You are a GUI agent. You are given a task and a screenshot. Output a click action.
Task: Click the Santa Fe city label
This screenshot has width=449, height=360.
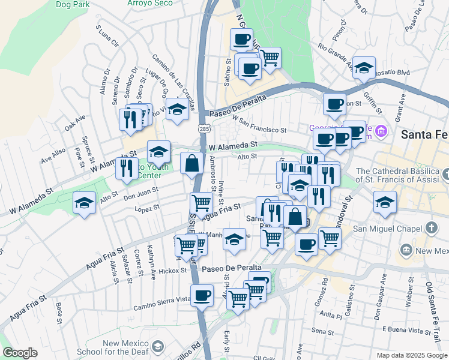424,134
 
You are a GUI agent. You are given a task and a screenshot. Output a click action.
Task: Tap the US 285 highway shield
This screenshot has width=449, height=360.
205,128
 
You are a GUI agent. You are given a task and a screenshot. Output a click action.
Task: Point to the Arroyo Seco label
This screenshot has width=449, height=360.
149,3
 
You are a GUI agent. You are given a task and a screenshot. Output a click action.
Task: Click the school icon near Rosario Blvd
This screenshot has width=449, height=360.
364,68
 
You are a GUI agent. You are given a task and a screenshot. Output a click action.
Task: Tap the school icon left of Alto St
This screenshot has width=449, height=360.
85,203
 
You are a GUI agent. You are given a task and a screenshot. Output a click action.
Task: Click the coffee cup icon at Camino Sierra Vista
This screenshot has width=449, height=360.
202,295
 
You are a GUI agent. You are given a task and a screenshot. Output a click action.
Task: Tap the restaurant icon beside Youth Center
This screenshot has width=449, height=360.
126,167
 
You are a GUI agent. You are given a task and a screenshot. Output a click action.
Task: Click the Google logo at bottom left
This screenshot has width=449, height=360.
19,353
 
